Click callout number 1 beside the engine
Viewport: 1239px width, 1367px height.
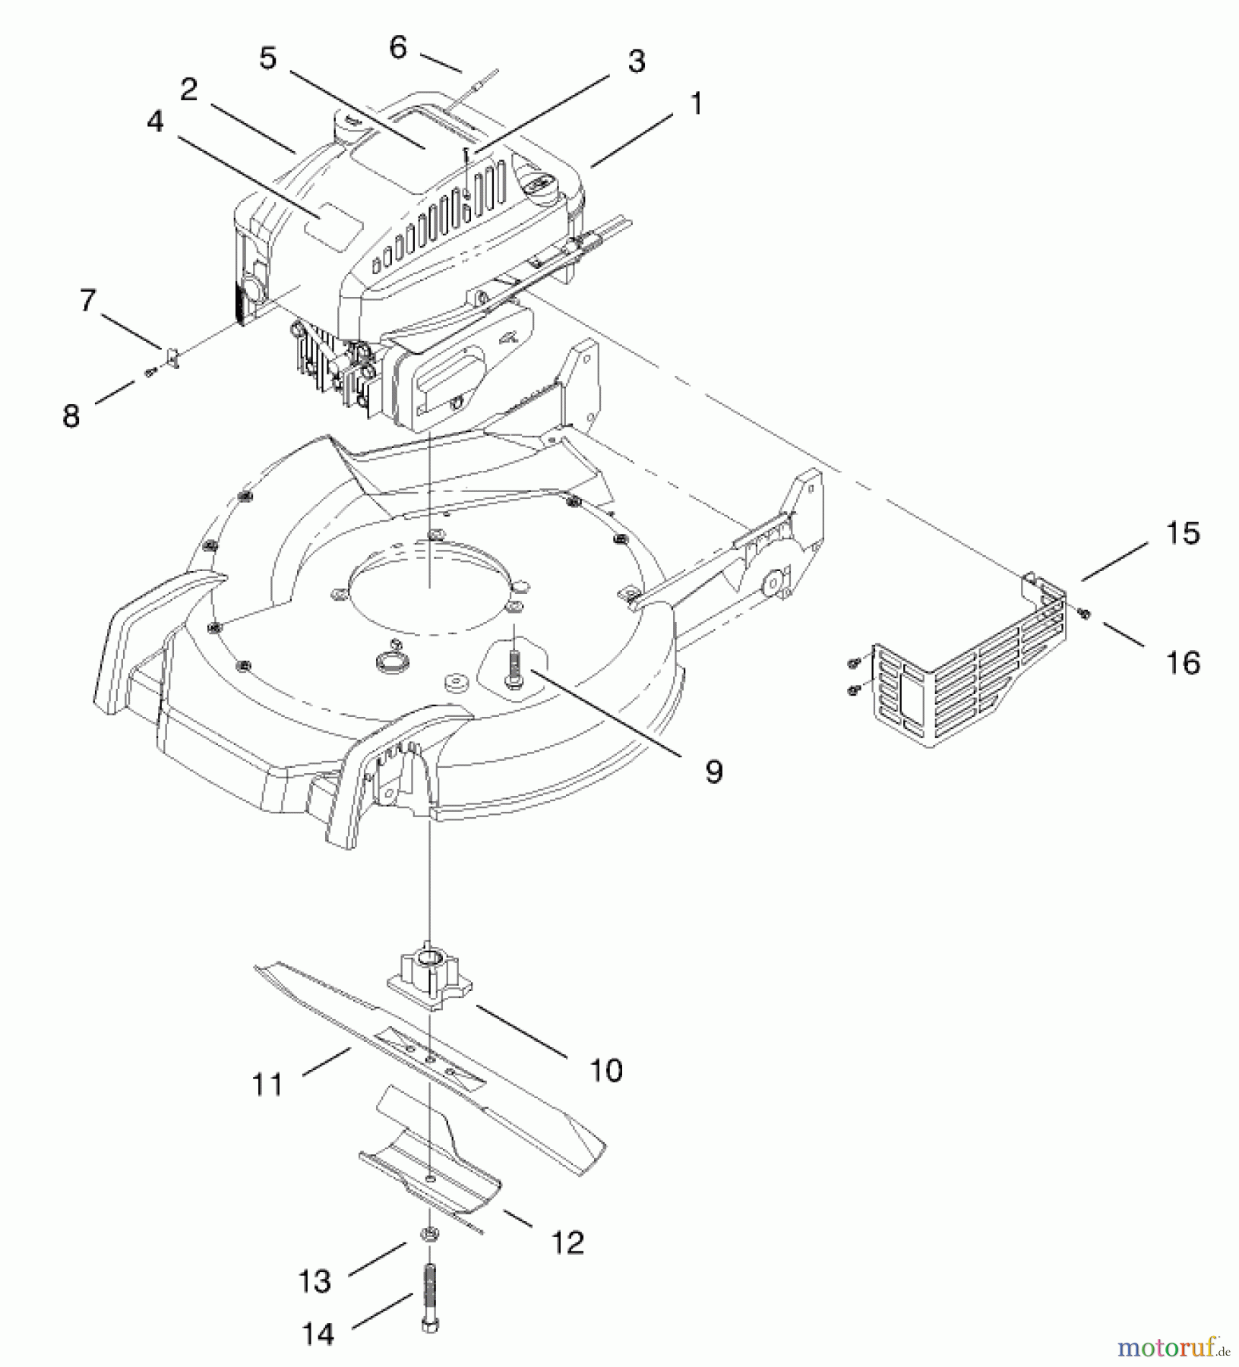pyautogui.click(x=695, y=104)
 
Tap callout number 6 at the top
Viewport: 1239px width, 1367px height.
pyautogui.click(x=398, y=48)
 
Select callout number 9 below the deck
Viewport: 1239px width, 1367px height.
pyautogui.click(x=713, y=772)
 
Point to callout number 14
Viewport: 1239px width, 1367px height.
pyautogui.click(x=318, y=1334)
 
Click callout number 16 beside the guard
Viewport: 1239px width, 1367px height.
pyautogui.click(x=1184, y=662)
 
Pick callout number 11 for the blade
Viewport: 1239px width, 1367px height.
pyautogui.click(x=267, y=1084)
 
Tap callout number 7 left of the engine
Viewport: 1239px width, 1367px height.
pyautogui.click(x=88, y=301)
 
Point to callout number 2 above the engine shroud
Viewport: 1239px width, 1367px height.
pyautogui.click(x=189, y=90)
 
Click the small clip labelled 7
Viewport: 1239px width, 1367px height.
pyautogui.click(x=172, y=356)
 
